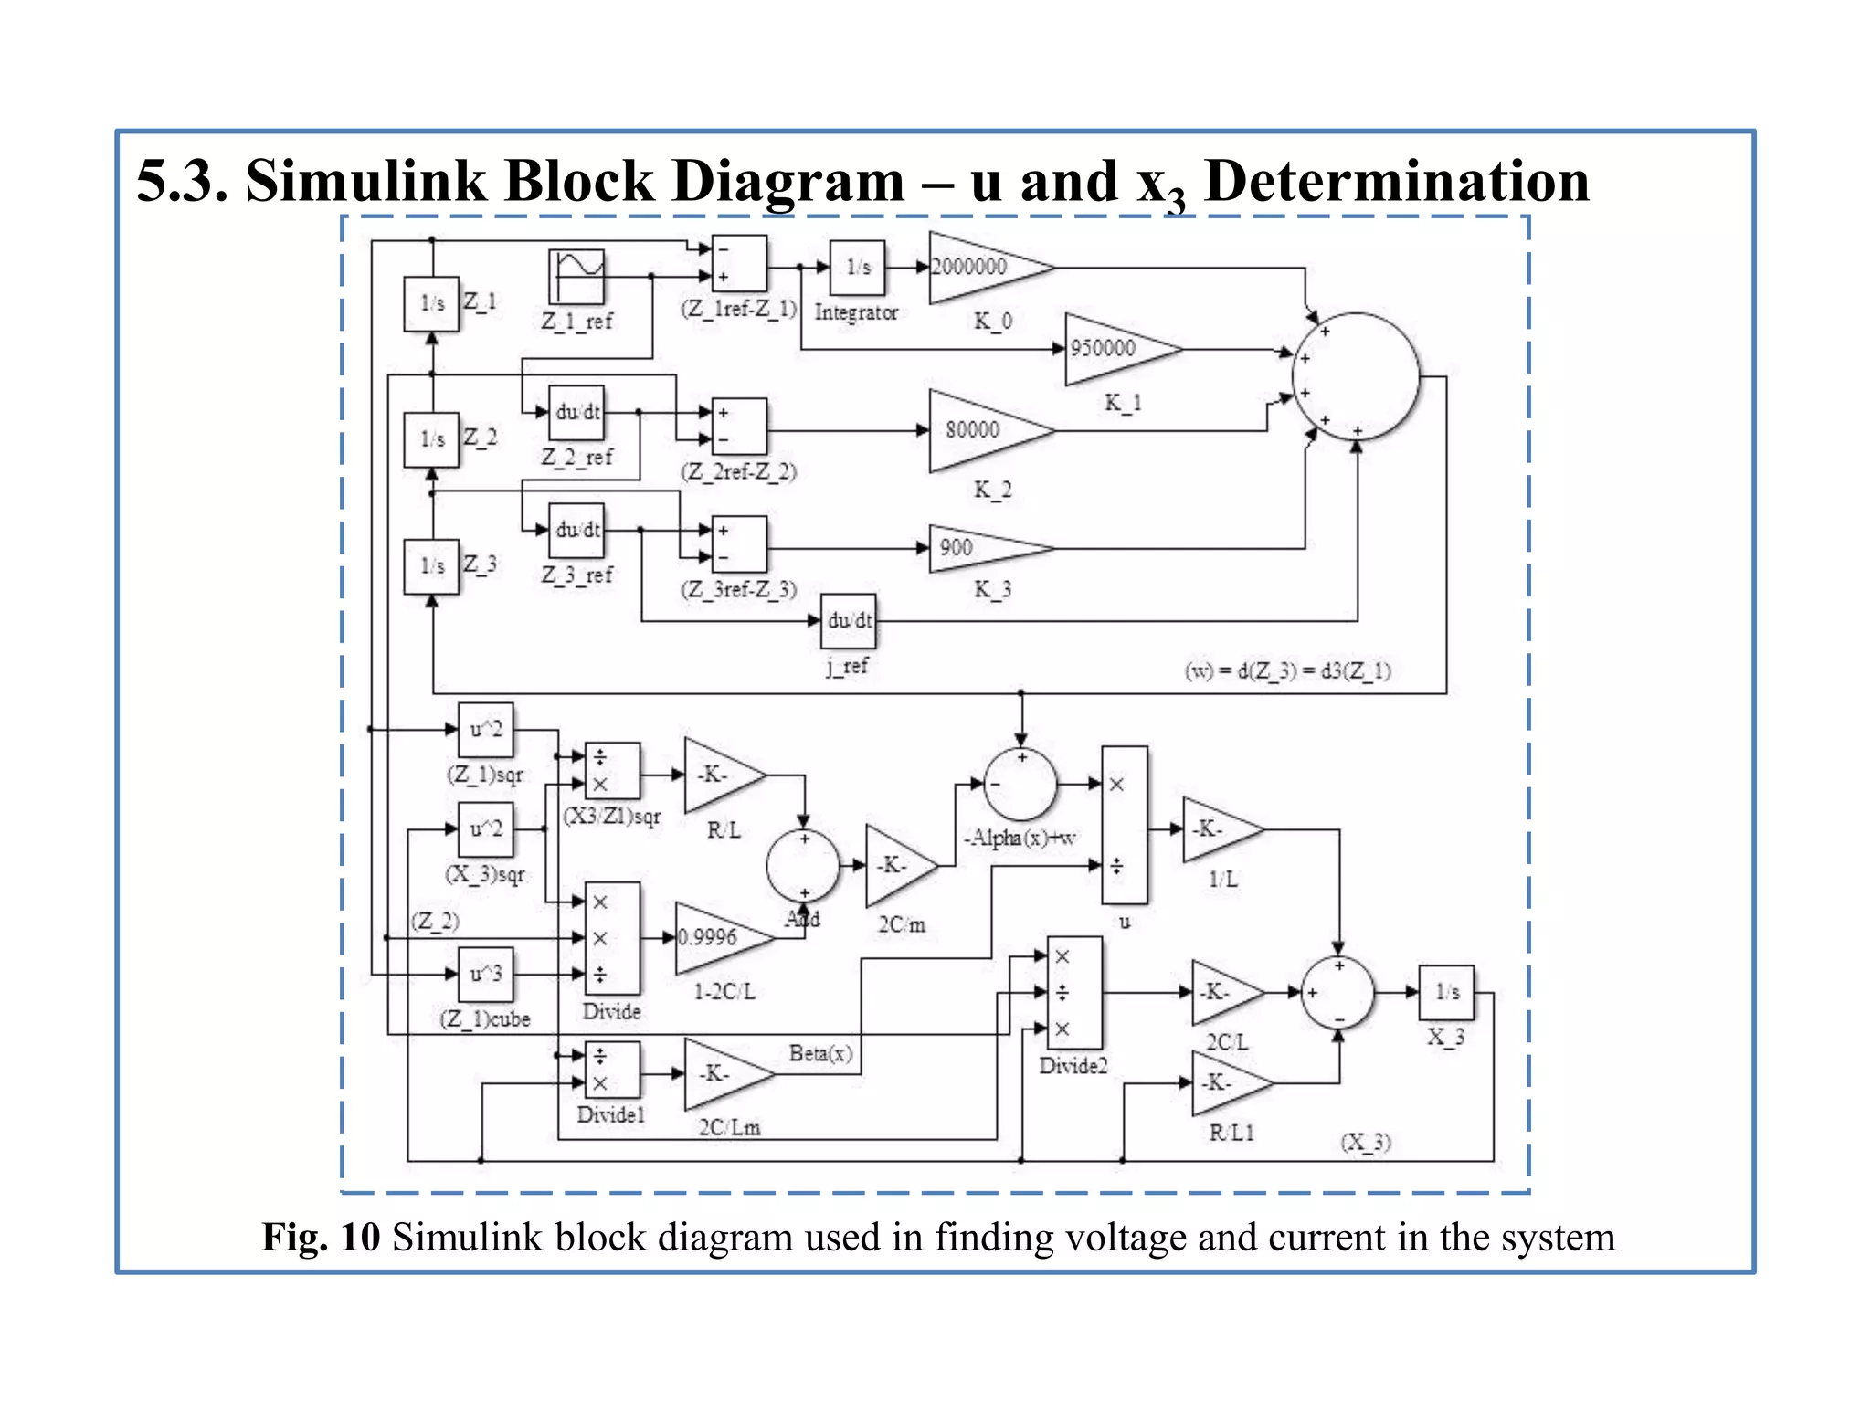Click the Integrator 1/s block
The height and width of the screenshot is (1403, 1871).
(x=857, y=268)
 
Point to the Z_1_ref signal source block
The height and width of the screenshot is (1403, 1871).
(x=576, y=277)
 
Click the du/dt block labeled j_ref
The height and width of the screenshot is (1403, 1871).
(x=849, y=621)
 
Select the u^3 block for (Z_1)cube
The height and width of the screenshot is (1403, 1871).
(x=485, y=975)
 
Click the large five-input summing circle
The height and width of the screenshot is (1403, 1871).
(x=1356, y=376)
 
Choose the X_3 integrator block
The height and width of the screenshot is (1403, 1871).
(x=1446, y=992)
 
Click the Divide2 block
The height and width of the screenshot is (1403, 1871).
(x=1074, y=992)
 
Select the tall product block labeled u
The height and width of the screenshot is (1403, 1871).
(x=1125, y=825)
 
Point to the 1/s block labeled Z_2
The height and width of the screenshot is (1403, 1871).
(x=431, y=439)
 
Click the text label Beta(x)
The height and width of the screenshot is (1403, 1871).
(x=820, y=1053)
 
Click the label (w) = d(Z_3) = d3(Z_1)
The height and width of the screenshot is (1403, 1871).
(x=1287, y=670)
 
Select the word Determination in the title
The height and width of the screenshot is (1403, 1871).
(x=1397, y=181)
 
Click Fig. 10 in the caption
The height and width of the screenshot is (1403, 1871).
(x=321, y=1238)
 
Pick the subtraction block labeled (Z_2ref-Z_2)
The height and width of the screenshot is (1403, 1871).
(x=739, y=427)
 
